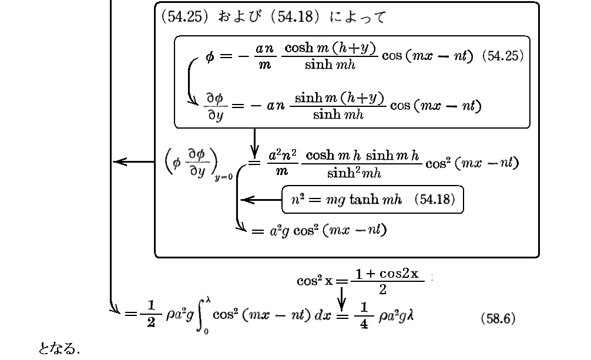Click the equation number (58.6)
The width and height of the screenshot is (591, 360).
click(498, 319)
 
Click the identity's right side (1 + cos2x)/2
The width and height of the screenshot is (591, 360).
click(387, 280)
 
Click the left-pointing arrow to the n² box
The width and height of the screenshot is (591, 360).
click(261, 200)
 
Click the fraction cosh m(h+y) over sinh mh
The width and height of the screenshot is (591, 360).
click(330, 57)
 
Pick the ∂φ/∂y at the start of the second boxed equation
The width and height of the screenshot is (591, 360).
click(215, 106)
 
